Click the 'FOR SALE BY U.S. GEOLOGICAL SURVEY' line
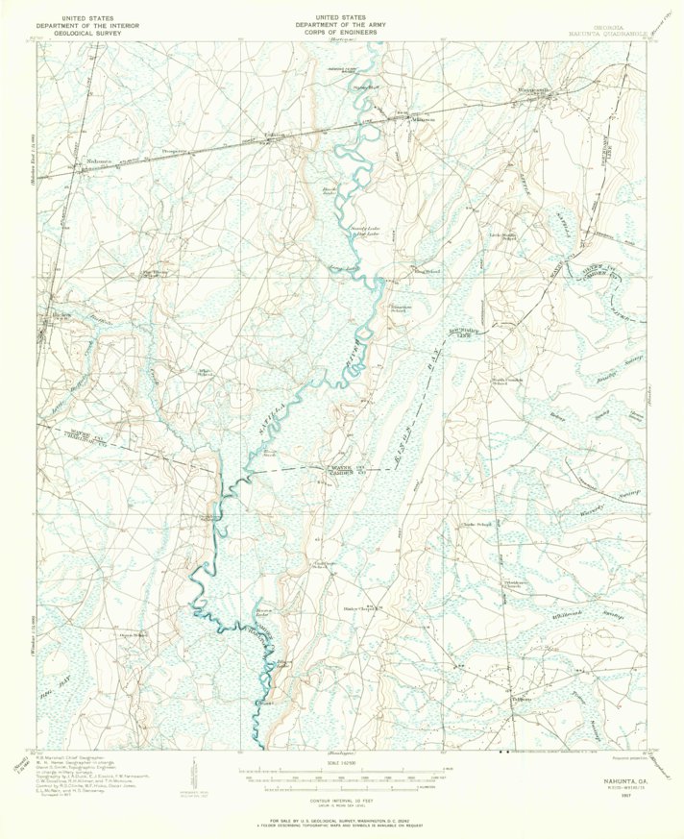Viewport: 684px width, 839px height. [342, 820]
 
